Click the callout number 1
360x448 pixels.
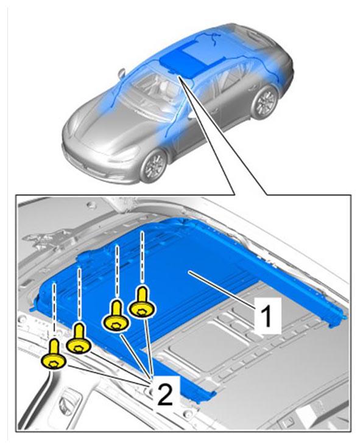267,315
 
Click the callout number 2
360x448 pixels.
164,394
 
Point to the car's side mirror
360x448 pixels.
122,72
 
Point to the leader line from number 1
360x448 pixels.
222,289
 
